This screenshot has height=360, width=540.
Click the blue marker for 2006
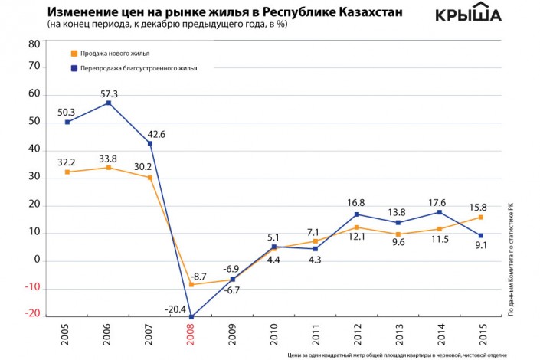(109, 103)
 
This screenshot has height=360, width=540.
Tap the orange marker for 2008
(191, 285)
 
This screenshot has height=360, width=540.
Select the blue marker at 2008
(191, 316)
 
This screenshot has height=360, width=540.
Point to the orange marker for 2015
(479, 218)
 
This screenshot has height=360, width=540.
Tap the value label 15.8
(479, 205)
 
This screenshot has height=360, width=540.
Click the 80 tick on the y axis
(34, 44)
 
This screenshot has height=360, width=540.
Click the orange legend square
(72, 54)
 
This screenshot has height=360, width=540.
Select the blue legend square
(72, 68)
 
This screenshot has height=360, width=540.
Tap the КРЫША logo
(468, 15)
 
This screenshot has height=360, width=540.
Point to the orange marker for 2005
(68, 172)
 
